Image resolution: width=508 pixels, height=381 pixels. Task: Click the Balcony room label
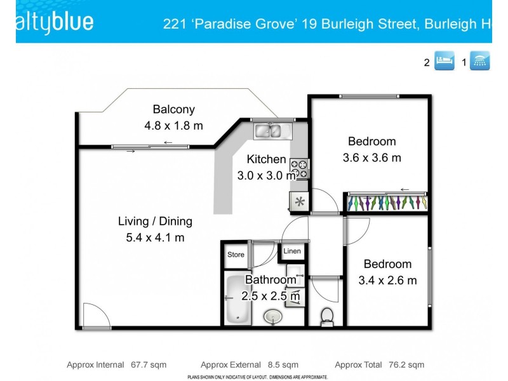(x=173, y=109)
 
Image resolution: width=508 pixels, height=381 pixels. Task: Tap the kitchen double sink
(x=272, y=131)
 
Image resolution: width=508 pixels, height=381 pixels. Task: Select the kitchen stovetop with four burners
(x=300, y=168)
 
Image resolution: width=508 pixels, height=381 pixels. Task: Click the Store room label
(x=236, y=255)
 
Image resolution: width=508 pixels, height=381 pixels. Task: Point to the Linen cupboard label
(x=292, y=251)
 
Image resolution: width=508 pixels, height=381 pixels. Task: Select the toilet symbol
(x=328, y=316)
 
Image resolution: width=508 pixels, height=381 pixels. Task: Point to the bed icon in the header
(x=444, y=62)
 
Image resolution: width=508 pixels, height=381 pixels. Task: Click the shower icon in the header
(x=480, y=62)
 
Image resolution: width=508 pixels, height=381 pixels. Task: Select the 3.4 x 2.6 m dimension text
(x=387, y=280)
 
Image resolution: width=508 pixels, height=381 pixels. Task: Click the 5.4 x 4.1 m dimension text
(x=155, y=238)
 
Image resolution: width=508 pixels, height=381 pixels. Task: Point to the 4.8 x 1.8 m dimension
(x=173, y=126)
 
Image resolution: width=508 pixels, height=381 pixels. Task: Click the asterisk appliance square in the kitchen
(x=299, y=203)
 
